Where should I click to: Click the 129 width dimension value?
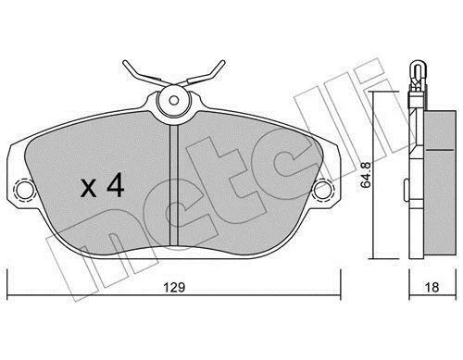pos(174,287)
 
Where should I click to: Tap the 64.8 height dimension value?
pos(367,176)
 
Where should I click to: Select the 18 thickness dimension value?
pos(432,287)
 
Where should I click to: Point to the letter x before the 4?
pos(89,189)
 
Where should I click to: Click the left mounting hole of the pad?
pos(25,189)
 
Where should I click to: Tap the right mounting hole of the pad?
pos(322,189)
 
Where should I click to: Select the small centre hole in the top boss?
pos(174,100)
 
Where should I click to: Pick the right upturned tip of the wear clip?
pos(223,63)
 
